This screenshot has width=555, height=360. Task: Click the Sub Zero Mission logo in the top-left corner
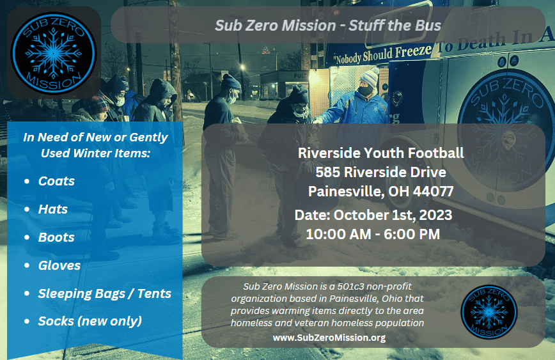54,53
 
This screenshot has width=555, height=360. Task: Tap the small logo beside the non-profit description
489,312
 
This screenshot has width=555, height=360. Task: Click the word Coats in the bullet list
56,181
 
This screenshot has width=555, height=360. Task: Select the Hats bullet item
52,209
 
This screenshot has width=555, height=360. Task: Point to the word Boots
56,237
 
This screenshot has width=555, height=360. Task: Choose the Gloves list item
59,265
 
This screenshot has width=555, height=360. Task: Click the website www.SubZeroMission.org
329,338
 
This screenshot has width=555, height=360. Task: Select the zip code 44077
434,191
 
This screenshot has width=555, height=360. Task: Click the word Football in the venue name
436,153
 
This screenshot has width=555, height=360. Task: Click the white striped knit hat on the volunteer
368,77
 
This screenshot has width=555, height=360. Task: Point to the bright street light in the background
242,67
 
